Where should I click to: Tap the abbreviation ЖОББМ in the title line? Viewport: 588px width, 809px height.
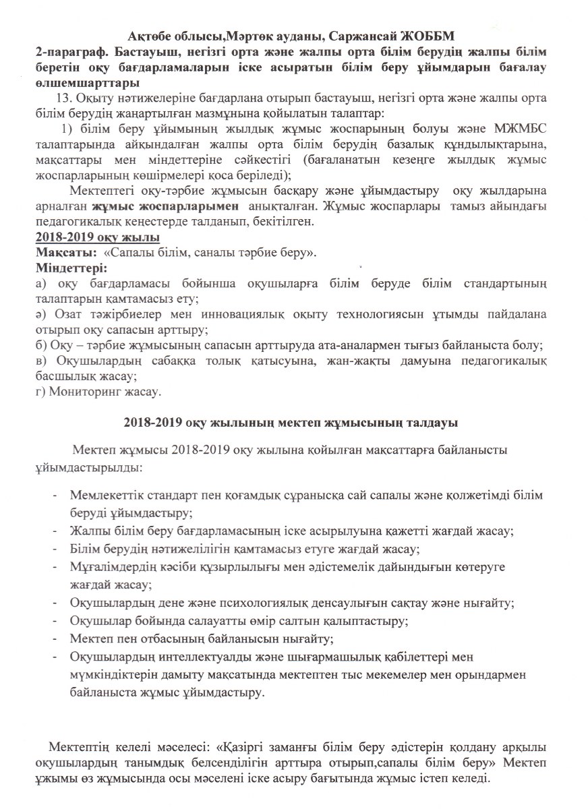[x=431, y=35]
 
